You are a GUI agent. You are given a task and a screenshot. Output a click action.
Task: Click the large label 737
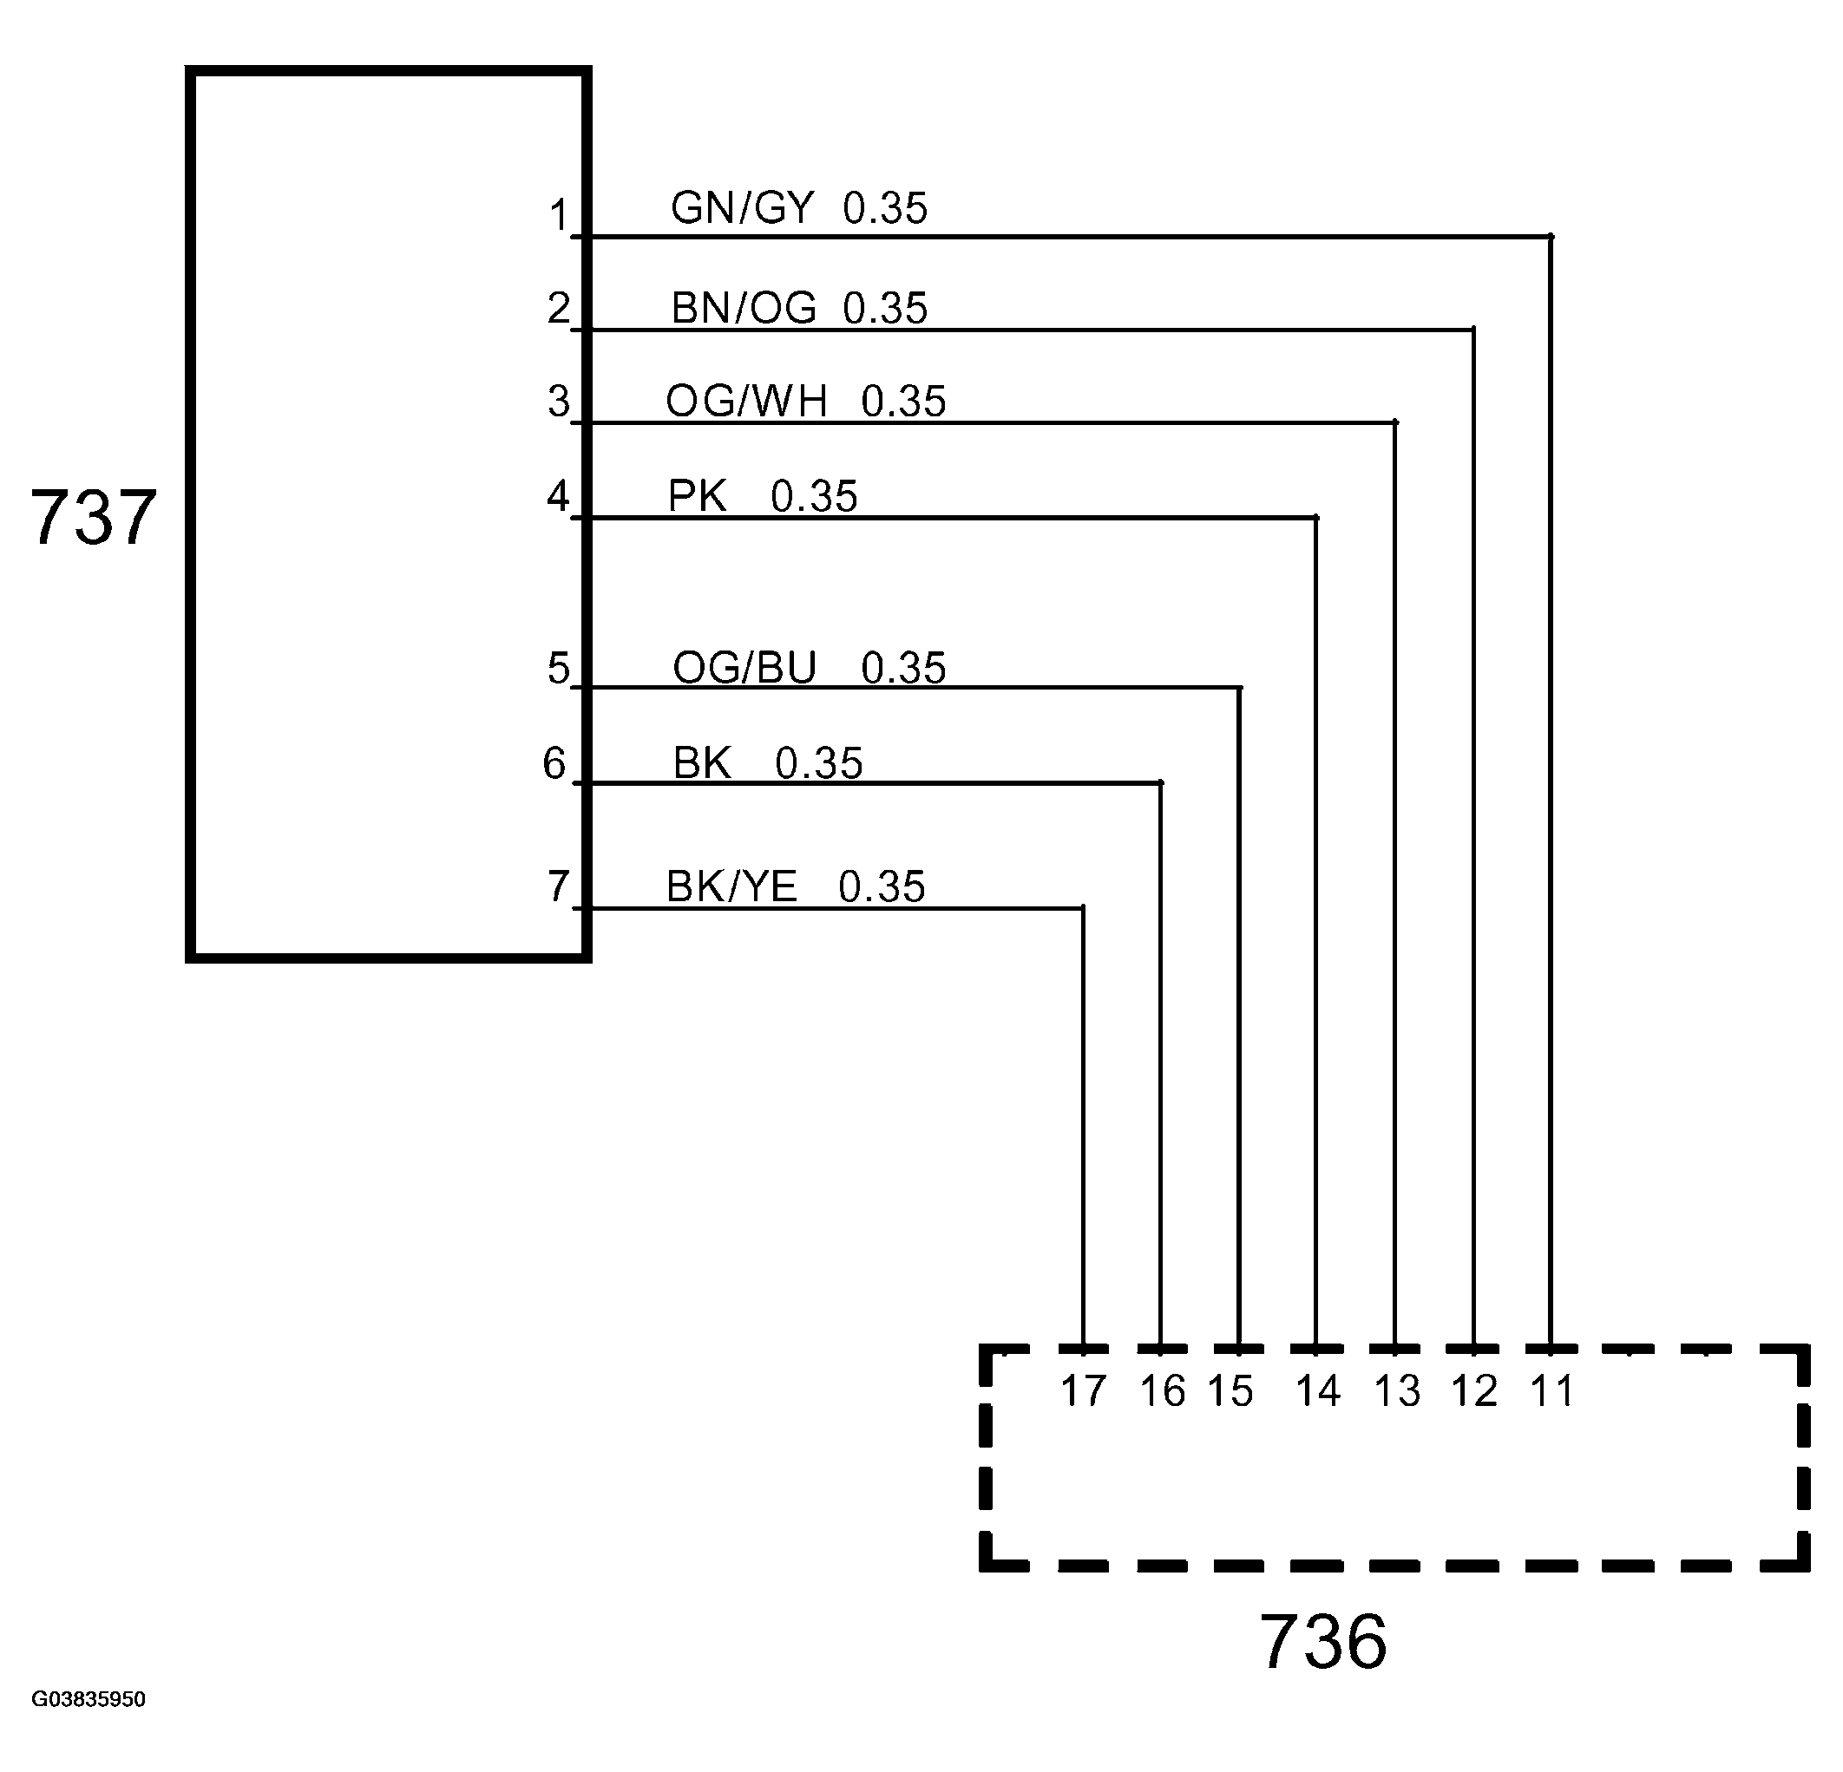[93, 518]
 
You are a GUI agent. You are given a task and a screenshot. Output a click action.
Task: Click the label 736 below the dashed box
[1322, 1642]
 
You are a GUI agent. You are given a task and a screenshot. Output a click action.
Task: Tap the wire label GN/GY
[742, 208]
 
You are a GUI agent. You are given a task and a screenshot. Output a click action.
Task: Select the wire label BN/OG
[744, 308]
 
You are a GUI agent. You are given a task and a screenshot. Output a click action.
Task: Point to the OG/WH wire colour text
[746, 402]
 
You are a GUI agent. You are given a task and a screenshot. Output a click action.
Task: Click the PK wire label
[697, 495]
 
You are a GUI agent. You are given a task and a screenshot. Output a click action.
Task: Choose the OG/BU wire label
[744, 669]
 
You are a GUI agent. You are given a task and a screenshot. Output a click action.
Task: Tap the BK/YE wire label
[731, 886]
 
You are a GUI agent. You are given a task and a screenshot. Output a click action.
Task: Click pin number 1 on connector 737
[559, 216]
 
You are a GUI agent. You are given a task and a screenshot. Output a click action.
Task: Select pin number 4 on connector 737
[558, 495]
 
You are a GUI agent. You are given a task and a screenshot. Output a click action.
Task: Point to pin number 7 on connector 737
[558, 886]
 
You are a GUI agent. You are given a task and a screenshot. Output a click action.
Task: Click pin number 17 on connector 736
[1083, 1391]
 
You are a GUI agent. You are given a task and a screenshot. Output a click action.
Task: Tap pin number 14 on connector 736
[1317, 1391]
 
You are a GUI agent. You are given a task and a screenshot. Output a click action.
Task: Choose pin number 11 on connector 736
[1551, 1391]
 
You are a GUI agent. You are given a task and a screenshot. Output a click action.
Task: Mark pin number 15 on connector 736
[1230, 1391]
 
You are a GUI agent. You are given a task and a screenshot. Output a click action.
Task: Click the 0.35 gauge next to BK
[818, 763]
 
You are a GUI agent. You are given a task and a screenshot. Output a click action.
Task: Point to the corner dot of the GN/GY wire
[1551, 236]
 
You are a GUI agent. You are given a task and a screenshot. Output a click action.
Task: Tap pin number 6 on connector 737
[554, 763]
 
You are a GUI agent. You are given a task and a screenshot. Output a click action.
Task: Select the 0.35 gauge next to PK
[813, 496]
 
